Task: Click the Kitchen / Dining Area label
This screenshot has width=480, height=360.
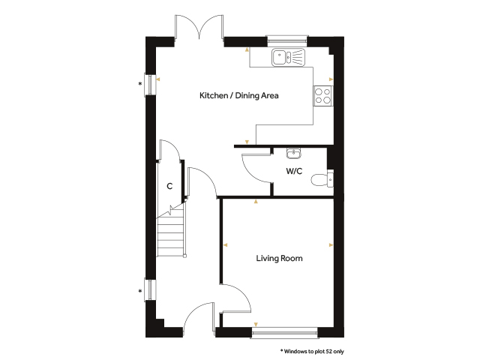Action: [x=238, y=95]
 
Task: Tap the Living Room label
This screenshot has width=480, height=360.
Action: [x=279, y=258]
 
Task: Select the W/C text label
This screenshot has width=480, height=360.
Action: [x=294, y=171]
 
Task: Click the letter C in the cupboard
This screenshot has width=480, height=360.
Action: [x=169, y=186]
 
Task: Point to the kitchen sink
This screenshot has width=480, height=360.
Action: [x=288, y=57]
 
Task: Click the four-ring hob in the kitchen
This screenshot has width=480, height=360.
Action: [x=323, y=96]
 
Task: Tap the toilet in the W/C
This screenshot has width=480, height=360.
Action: [x=322, y=180]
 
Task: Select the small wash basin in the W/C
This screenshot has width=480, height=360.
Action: [x=294, y=153]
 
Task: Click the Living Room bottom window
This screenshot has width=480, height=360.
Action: [x=285, y=332]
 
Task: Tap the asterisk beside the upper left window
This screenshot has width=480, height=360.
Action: [x=140, y=84]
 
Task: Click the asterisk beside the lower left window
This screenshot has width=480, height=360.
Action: [x=140, y=291]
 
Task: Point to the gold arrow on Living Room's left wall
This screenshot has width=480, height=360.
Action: [x=226, y=245]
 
